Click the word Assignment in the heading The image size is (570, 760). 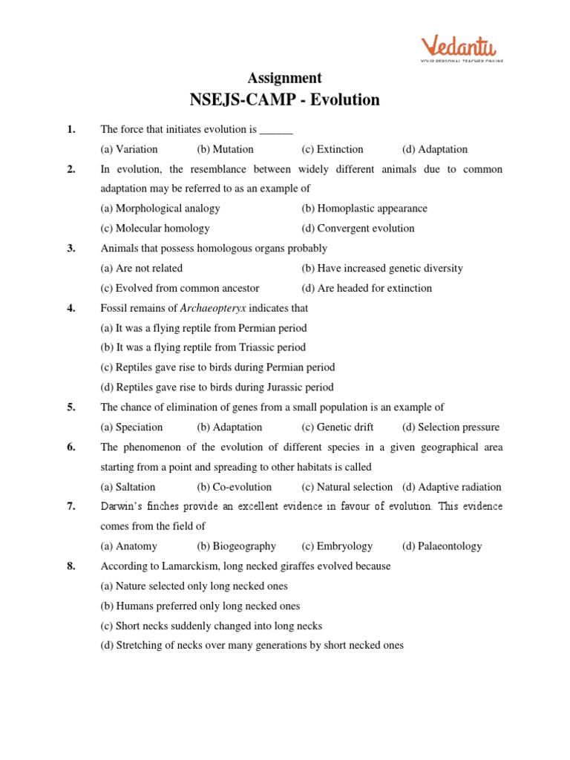tap(284, 78)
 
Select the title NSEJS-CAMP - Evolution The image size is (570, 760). tap(284, 99)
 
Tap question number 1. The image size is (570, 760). tap(71, 129)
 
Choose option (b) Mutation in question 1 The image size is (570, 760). tap(225, 149)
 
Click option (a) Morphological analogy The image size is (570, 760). tap(160, 209)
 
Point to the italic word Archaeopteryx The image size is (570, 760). tap(212, 308)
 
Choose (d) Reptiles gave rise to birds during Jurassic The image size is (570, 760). tap(217, 387)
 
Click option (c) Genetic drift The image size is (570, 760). tap(337, 427)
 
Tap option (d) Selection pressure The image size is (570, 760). tap(451, 427)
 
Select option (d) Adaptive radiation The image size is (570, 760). tap(451, 488)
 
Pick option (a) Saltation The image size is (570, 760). tap(128, 488)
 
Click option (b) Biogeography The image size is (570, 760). tap(236, 546)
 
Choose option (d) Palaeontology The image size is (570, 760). tap(442, 546)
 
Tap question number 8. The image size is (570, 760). tap(71, 566)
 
